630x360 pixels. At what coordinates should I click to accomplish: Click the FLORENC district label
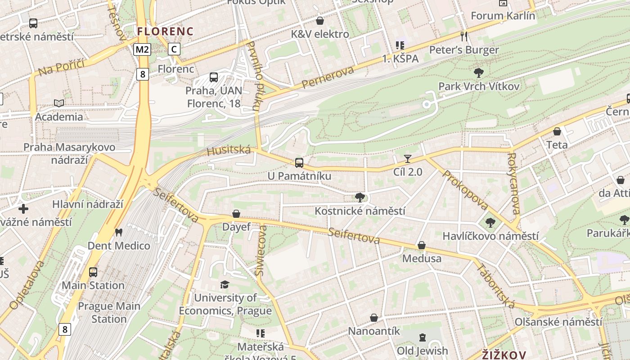coord(165,31)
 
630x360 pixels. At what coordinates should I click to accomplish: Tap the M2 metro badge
coord(142,49)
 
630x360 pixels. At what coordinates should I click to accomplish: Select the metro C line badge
coord(174,49)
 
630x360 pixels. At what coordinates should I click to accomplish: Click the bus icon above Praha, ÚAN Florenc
coord(214,77)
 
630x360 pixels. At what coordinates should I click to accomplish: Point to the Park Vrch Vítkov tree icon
coord(479,72)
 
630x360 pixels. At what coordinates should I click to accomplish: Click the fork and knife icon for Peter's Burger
coord(464,36)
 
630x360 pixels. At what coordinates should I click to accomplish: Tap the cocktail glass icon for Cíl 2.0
coord(408,158)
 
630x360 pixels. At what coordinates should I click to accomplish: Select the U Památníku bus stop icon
coord(299,163)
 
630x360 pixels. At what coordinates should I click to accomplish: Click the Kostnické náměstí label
coord(360,211)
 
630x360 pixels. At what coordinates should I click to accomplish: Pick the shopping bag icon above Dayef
coord(236,214)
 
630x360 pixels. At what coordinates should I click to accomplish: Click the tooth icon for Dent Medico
coord(119,233)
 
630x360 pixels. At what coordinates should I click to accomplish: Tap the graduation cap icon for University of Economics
coord(225,284)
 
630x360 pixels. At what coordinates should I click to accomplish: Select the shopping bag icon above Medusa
coord(422,245)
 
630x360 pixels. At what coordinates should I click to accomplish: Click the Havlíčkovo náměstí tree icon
coord(490,223)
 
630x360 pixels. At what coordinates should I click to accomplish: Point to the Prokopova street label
coord(465,189)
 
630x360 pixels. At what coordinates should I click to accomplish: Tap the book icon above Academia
coord(59,103)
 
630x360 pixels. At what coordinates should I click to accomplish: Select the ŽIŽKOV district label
coord(504,354)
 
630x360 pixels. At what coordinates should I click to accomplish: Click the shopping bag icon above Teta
coord(557,132)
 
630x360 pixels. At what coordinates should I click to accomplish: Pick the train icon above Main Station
coord(93,272)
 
